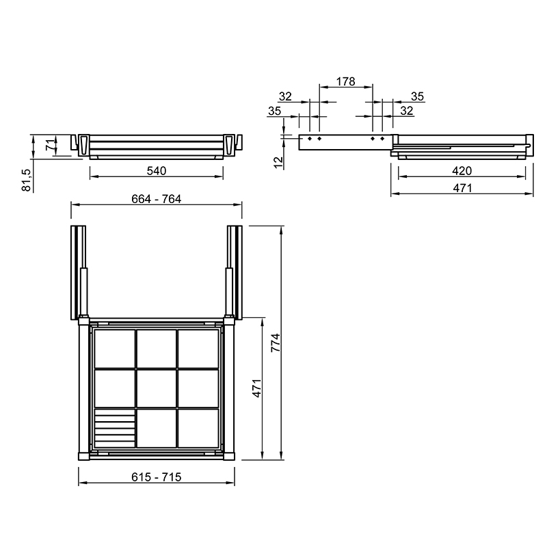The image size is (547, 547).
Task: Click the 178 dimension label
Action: pos(345,81)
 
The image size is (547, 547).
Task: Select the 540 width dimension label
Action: pos(157,170)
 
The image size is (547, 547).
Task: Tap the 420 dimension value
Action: pos(462,170)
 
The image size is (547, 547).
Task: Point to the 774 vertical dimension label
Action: pos(276,343)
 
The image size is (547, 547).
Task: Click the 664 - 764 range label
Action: pos(157,199)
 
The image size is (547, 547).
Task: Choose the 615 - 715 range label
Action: pos(157,477)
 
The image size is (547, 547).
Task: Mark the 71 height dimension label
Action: pos(51,144)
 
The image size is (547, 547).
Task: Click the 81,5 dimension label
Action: pos(26,180)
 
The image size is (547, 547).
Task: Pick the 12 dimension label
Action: pos(278,162)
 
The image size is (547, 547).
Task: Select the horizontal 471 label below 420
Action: pos(462,188)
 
